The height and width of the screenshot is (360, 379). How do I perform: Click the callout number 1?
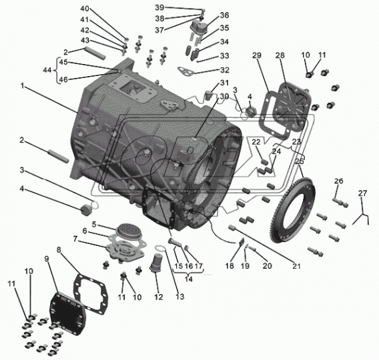(x=23, y=86)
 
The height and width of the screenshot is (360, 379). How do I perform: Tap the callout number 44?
(x=47, y=70)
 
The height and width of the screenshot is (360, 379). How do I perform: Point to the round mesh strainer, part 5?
(x=128, y=229)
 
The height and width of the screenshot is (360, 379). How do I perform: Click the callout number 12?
(x=159, y=297)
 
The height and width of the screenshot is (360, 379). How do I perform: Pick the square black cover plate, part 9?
(x=67, y=314)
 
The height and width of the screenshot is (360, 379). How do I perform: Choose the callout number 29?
(x=257, y=55)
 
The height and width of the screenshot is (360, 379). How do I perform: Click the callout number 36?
(x=224, y=15)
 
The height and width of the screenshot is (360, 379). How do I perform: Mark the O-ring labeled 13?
(x=161, y=248)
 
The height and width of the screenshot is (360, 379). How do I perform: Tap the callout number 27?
(x=362, y=193)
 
